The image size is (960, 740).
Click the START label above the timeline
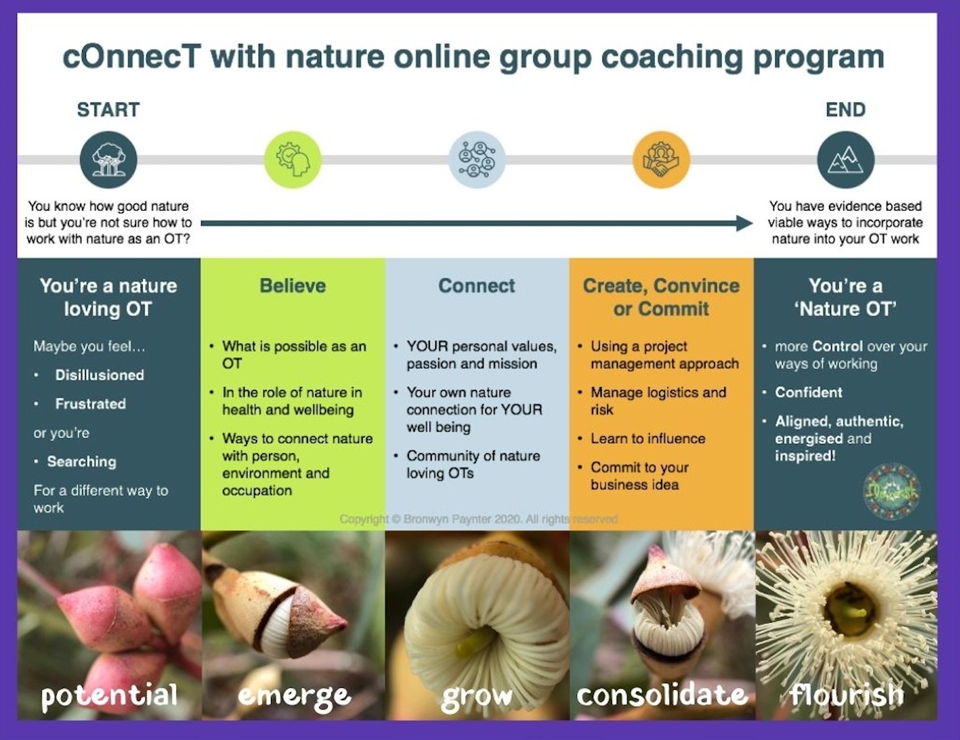[x=108, y=110]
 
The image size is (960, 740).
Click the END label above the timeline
[x=845, y=110]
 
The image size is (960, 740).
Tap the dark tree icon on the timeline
[x=109, y=160]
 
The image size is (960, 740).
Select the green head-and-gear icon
[x=293, y=160]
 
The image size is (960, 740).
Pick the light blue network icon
[x=477, y=160]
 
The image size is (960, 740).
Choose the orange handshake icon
[x=661, y=160]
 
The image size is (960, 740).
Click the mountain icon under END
[x=845, y=160]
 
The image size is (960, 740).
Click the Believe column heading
[x=292, y=286]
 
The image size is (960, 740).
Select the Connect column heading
[x=477, y=286]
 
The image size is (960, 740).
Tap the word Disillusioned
[x=100, y=375]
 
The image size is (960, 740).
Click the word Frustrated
[x=91, y=404]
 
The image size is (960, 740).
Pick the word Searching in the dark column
[x=81, y=462]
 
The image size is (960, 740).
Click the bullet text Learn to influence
[x=647, y=439]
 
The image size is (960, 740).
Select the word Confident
[x=808, y=392]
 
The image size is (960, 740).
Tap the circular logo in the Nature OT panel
[x=891, y=492]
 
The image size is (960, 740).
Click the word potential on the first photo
[x=109, y=695]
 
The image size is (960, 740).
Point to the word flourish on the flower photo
[x=847, y=695]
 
